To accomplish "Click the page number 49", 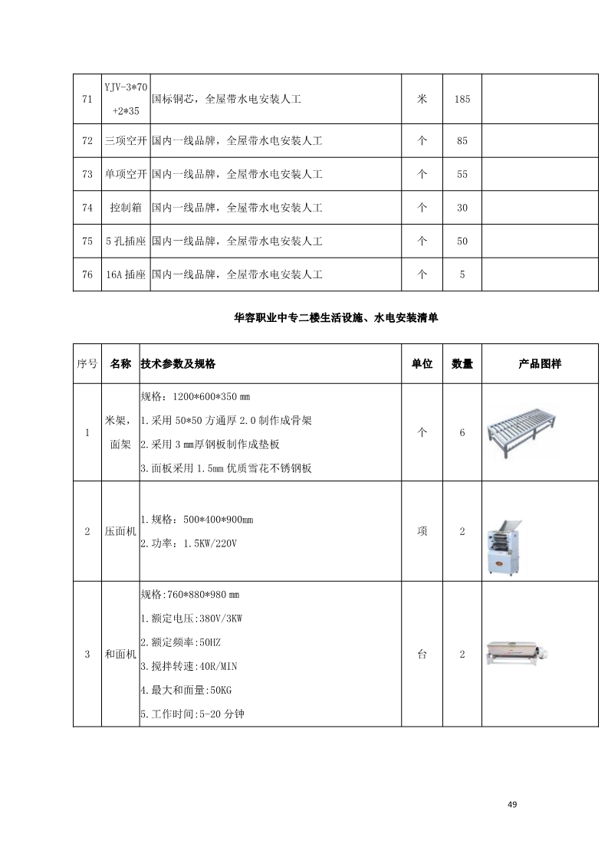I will (x=513, y=804).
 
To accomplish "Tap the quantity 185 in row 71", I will (x=462, y=99).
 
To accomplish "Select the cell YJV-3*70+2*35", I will (x=126, y=99).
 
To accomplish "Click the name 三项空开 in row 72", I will (x=126, y=141).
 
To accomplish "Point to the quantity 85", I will (x=462, y=141).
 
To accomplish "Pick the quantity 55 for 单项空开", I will (x=462, y=174).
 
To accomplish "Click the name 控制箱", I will (x=126, y=208).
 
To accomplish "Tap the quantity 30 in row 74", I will (x=462, y=208).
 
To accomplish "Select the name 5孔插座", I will (x=126, y=241).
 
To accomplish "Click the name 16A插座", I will (x=126, y=274).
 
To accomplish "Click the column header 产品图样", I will (x=540, y=364).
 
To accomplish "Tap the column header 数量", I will (x=462, y=364).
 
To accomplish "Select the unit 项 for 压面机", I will (x=422, y=531).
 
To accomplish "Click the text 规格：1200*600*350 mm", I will (x=196, y=398).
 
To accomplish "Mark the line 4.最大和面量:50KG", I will (x=189, y=690).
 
